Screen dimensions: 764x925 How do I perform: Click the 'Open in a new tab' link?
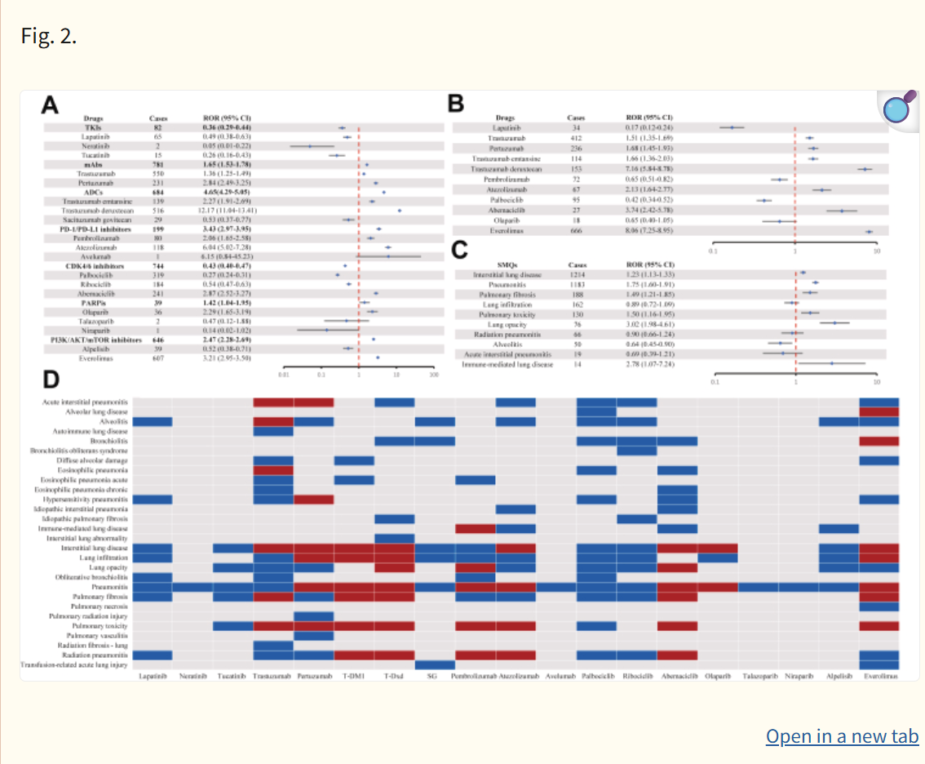pyautogui.click(x=842, y=736)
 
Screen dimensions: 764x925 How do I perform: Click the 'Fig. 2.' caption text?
pyautogui.click(x=49, y=37)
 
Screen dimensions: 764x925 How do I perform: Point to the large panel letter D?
pyautogui.click(x=51, y=380)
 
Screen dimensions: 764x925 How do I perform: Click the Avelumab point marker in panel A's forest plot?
pyautogui.click(x=388, y=257)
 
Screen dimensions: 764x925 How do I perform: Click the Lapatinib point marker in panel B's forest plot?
pyautogui.click(x=732, y=127)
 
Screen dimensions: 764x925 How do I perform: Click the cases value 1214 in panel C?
pyautogui.click(x=578, y=274)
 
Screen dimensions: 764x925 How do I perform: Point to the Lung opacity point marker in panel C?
pyautogui.click(x=834, y=323)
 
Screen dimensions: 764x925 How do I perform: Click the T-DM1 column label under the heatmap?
pyautogui.click(x=354, y=676)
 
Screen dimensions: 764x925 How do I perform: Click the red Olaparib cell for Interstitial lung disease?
pyautogui.click(x=718, y=548)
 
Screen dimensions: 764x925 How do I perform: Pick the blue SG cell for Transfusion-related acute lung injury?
pyautogui.click(x=435, y=664)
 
